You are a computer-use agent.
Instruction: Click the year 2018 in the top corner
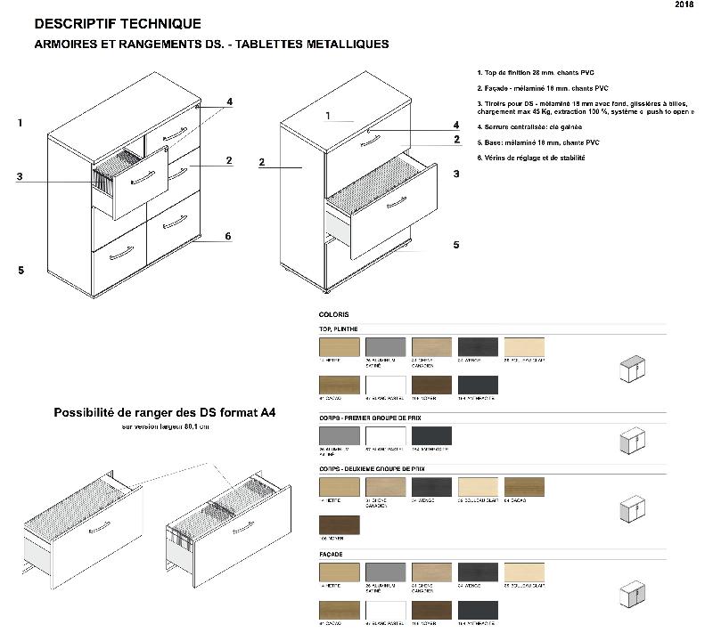[x=684, y=5]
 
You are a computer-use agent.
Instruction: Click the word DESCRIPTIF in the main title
[x=78, y=24]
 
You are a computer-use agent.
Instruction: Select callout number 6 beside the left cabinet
[x=228, y=236]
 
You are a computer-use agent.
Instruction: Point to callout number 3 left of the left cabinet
[x=19, y=176]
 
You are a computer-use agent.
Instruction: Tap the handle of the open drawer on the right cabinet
[x=396, y=202]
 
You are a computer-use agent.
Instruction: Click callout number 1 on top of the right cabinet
[x=328, y=116]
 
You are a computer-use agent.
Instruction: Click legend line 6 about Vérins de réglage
[x=531, y=158]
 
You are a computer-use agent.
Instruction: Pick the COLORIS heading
[x=333, y=314]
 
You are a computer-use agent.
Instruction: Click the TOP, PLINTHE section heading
[x=338, y=329]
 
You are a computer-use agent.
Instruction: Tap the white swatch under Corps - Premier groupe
[x=386, y=436]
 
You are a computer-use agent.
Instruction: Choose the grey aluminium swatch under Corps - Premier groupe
[x=339, y=436]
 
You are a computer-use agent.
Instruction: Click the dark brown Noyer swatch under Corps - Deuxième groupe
[x=339, y=525]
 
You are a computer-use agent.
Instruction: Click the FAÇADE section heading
[x=332, y=555]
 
